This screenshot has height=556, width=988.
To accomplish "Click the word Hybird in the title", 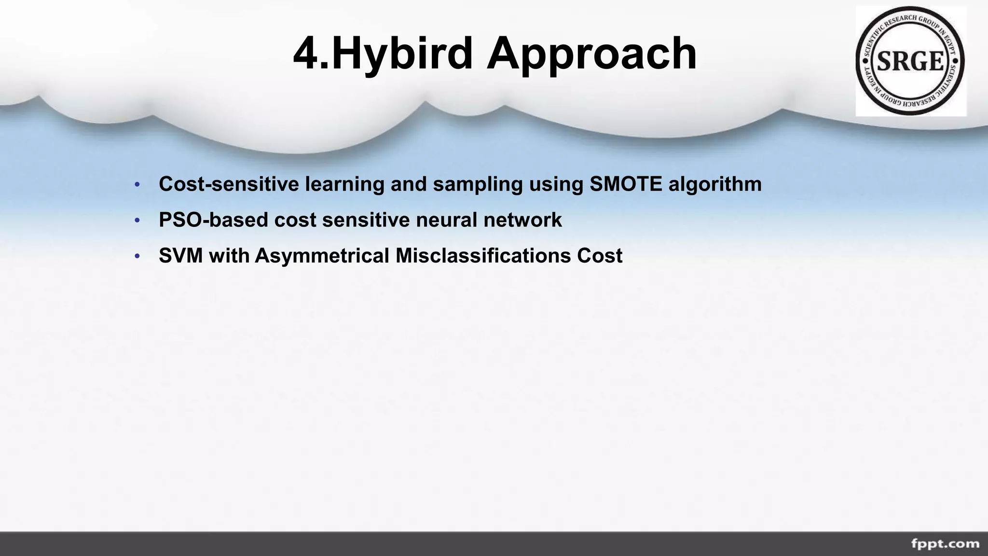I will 402,54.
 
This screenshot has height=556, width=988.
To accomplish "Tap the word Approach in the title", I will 591,54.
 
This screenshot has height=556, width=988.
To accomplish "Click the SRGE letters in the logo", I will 910,62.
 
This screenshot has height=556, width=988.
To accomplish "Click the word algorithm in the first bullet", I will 715,185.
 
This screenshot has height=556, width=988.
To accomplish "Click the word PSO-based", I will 213,220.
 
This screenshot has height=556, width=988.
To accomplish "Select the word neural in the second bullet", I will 447,220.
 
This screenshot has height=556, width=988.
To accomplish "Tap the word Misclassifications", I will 483,256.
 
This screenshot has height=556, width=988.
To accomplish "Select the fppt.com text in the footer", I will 945,544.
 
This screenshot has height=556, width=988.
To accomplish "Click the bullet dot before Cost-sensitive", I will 137,185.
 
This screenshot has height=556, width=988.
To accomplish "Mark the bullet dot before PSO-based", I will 137,221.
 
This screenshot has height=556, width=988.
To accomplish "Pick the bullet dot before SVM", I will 137,256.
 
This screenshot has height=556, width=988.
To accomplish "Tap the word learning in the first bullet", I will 344,185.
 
